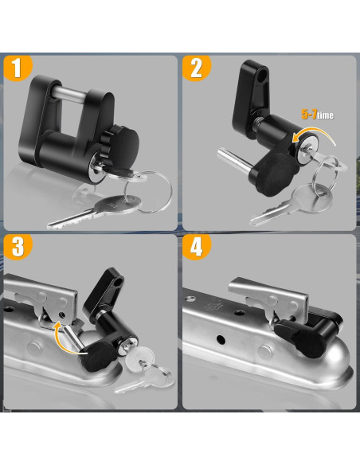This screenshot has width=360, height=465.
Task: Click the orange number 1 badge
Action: pos(18,68)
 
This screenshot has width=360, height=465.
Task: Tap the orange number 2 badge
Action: pos(196,68)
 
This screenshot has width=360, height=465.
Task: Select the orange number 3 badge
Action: pos(18,248)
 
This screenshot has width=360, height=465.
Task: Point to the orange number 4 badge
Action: pos(196,248)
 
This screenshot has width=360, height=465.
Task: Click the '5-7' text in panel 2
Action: pos(309,114)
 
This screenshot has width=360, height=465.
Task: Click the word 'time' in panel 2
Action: pos(325,115)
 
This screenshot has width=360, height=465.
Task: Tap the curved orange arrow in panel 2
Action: pos(315,134)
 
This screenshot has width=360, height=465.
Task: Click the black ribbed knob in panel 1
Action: pos(121,144)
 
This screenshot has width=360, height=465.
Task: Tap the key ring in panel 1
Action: pos(148,192)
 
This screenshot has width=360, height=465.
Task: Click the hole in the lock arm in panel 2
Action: pos(262,74)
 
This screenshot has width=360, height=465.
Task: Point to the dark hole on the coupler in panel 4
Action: pos(221,339)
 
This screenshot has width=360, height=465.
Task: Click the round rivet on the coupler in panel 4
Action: pos(265,352)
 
